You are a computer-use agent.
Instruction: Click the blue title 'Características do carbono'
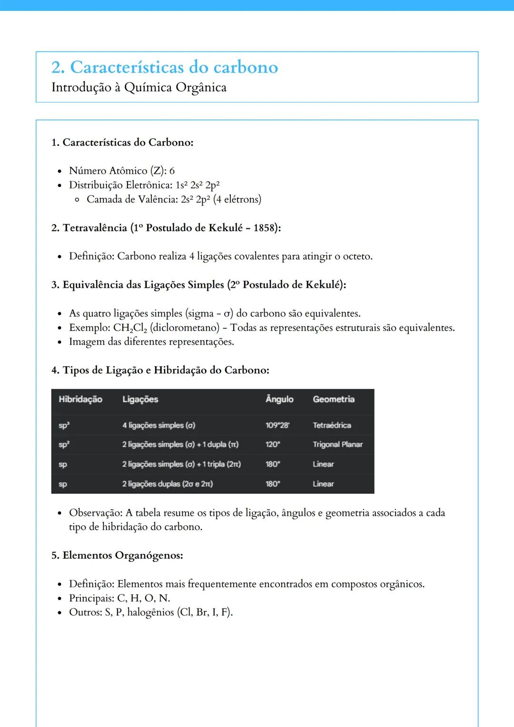[x=174, y=68]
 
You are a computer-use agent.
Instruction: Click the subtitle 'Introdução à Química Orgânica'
[x=139, y=88]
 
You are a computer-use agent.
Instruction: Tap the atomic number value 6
[x=172, y=171]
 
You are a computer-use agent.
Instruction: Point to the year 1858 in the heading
[x=264, y=228]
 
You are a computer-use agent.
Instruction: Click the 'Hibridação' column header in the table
[x=80, y=399]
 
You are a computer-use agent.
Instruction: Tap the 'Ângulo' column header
[x=279, y=399]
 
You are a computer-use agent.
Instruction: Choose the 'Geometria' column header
[x=334, y=399]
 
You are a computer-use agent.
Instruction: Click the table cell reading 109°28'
[x=277, y=425]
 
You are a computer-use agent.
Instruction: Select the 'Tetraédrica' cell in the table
[x=332, y=425]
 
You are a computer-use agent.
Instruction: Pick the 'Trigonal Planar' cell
[x=337, y=444]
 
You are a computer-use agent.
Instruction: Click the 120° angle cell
[x=273, y=444]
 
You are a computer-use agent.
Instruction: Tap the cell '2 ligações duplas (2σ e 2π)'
[x=168, y=484]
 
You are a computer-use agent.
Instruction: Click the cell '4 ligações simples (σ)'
[x=158, y=425]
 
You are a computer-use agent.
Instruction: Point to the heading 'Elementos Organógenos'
[x=123, y=555]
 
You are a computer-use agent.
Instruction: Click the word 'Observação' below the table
[x=95, y=513]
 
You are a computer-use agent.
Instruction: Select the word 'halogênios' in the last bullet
[x=150, y=612]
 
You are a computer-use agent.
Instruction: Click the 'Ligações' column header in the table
[x=140, y=399]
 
